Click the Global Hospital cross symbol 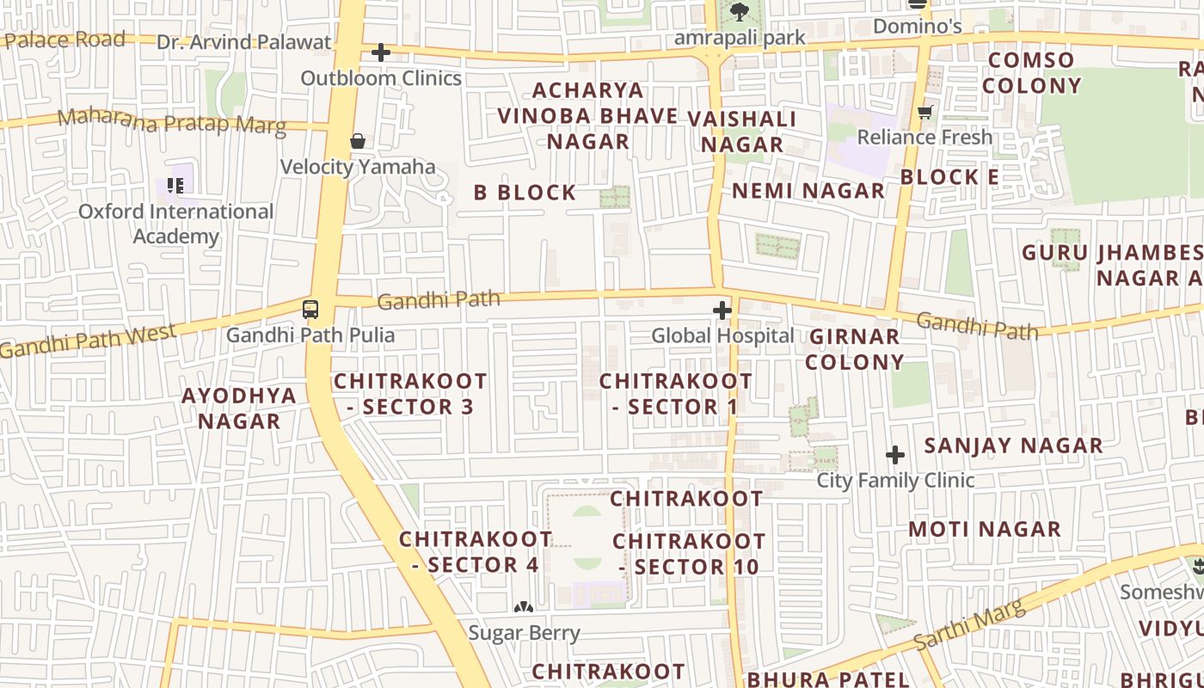pos(722,310)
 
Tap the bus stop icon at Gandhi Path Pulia pos(310,310)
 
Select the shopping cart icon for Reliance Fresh pos(925,112)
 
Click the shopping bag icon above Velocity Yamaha pos(358,141)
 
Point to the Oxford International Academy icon pos(175,185)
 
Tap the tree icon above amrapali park pos(738,12)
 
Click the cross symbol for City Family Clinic pos(895,454)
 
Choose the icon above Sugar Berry pos(523,607)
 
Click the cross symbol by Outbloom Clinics pos(380,52)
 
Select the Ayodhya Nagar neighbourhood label pos(239,408)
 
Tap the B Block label pos(525,193)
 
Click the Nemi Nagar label pos(808,191)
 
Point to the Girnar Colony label pos(854,349)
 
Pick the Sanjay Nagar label pos(1013,445)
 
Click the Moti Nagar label pos(985,529)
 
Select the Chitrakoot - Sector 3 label pos(410,394)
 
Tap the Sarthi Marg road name pos(969,625)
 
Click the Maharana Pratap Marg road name pos(172,121)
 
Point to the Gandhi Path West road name pos(89,341)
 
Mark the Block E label pos(950,177)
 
